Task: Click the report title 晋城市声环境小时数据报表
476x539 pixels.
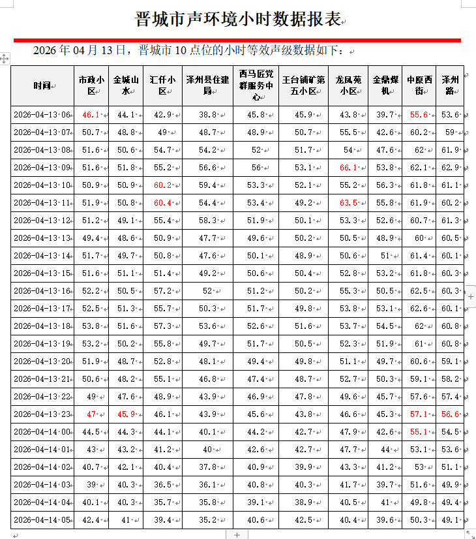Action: pyautogui.click(x=238, y=19)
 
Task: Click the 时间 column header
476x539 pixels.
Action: pyautogui.click(x=42, y=85)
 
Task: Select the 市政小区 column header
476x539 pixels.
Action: pyautogui.click(x=91, y=85)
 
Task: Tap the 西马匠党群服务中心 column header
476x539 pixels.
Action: pyautogui.click(x=256, y=85)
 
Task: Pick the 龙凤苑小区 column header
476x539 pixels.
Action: pyautogui.click(x=348, y=85)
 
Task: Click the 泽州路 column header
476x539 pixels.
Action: pyautogui.click(x=450, y=85)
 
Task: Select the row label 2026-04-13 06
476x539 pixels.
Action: pyautogui.click(x=42, y=115)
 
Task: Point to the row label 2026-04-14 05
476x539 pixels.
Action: pyautogui.click(x=42, y=520)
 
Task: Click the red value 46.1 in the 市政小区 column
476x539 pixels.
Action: pyautogui.click(x=91, y=115)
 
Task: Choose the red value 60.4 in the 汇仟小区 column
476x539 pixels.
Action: pyautogui.click(x=162, y=203)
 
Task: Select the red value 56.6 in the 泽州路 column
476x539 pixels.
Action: pyautogui.click(x=450, y=414)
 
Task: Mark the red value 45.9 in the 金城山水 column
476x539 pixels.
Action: pyautogui.click(x=126, y=414)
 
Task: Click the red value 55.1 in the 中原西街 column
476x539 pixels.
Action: pyautogui.click(x=419, y=432)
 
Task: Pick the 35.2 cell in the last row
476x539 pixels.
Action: pyautogui.click(x=207, y=520)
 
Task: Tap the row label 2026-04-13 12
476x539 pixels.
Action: pyautogui.click(x=42, y=221)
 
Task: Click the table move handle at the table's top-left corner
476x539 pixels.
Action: pyautogui.click(x=5, y=59)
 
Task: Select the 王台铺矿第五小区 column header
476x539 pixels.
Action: pyautogui.click(x=303, y=85)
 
